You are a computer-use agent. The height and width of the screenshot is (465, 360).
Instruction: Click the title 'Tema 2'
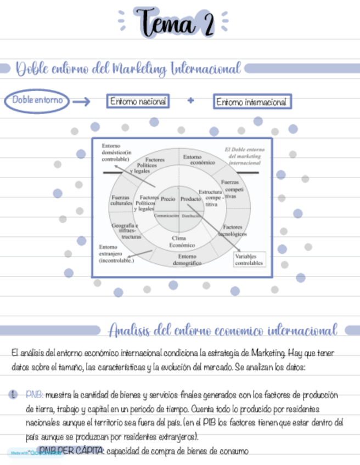point(175,22)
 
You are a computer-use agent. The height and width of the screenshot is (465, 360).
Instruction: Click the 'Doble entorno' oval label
point(37,101)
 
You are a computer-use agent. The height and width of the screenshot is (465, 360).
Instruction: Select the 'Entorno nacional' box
point(137,101)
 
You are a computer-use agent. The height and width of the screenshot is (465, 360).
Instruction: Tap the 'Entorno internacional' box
point(251,102)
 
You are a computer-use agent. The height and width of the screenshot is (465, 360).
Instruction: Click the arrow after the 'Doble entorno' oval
point(81,101)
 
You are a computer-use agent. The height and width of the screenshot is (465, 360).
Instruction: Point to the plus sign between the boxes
point(190,101)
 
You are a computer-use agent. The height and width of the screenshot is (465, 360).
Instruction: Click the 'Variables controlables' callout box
point(249,259)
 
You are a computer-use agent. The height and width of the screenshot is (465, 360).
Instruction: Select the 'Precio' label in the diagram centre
point(168,199)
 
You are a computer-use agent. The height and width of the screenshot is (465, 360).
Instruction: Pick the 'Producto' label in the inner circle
point(190,199)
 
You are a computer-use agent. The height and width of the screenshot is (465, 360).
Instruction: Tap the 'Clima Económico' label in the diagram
point(179,242)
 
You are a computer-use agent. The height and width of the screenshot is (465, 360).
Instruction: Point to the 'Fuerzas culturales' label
point(121,200)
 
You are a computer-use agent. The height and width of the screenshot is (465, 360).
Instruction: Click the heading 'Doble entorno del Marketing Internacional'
point(128,69)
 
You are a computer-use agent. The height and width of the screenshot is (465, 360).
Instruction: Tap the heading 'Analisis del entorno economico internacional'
point(222,331)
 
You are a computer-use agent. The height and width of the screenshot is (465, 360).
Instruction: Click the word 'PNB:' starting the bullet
point(34,394)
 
